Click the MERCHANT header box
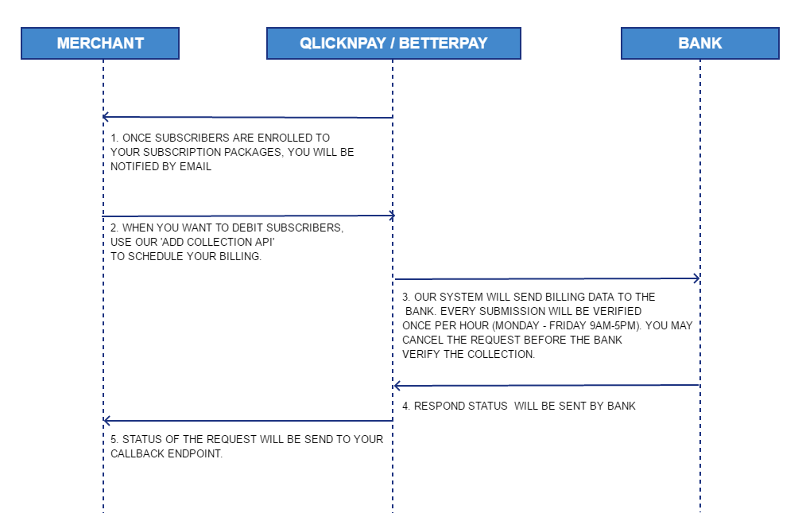(x=100, y=44)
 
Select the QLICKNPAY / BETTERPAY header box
(x=393, y=44)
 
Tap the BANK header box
(x=699, y=44)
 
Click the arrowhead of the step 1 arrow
(x=105, y=117)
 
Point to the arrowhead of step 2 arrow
(x=393, y=216)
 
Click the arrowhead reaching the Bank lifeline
(x=697, y=278)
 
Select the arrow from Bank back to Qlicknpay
(x=547, y=385)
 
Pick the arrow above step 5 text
(x=248, y=421)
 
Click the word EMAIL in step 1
(x=195, y=166)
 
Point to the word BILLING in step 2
(x=240, y=256)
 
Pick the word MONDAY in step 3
(x=516, y=325)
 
